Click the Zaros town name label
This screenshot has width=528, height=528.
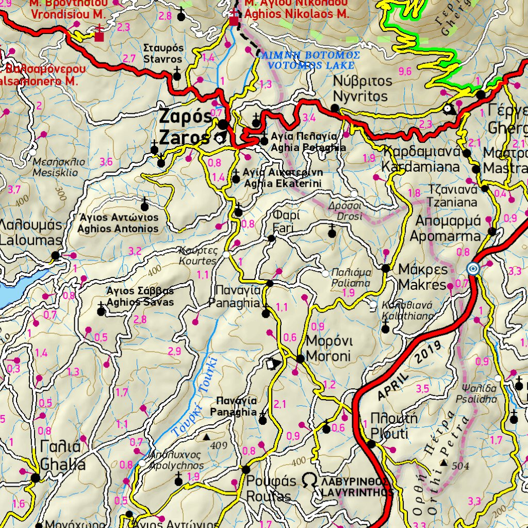pyautogui.click(x=185, y=127)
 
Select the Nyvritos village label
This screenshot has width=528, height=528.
pyautogui.click(x=362, y=89)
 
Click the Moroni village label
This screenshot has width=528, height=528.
pyautogui.click(x=328, y=349)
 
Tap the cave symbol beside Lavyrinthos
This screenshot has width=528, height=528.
pyautogui.click(x=309, y=481)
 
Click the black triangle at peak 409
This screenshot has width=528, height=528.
pyautogui.click(x=207, y=437)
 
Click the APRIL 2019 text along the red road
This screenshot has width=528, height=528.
pyautogui.click(x=410, y=371)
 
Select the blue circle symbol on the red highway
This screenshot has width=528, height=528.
pyautogui.click(x=472, y=269)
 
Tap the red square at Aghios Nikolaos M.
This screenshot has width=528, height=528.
pyautogui.click(x=234, y=21)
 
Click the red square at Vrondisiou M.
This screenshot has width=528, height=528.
pyautogui.click(x=99, y=36)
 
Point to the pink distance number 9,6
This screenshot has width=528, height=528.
pyautogui.click(x=405, y=71)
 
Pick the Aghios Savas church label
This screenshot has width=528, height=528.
pyautogui.click(x=140, y=296)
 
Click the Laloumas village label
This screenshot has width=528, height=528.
pyautogui.click(x=31, y=233)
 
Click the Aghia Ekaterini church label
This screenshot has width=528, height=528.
pyautogui.click(x=283, y=178)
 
